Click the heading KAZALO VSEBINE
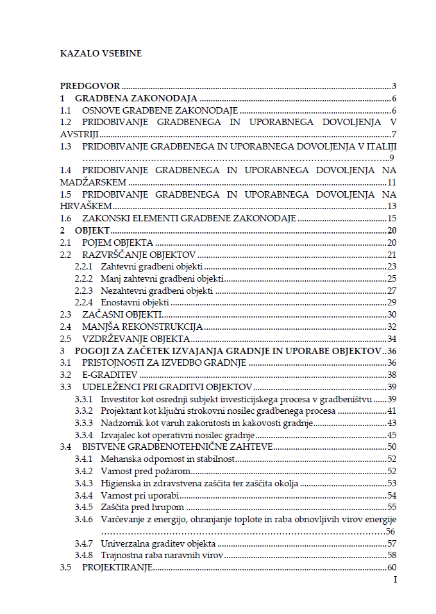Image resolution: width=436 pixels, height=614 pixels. [101, 53]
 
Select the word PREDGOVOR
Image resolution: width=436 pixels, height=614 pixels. [90, 86]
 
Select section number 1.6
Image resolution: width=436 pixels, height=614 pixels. [66, 218]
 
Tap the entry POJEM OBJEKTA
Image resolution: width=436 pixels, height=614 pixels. [117, 243]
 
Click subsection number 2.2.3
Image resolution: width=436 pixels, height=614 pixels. [84, 291]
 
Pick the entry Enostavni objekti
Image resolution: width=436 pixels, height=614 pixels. [135, 302]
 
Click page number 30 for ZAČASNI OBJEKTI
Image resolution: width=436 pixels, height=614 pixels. [392, 314]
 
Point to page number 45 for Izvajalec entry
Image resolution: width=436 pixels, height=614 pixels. [392, 435]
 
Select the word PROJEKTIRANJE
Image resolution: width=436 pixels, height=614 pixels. [114, 568]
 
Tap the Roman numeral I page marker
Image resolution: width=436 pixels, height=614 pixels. [395, 579]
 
